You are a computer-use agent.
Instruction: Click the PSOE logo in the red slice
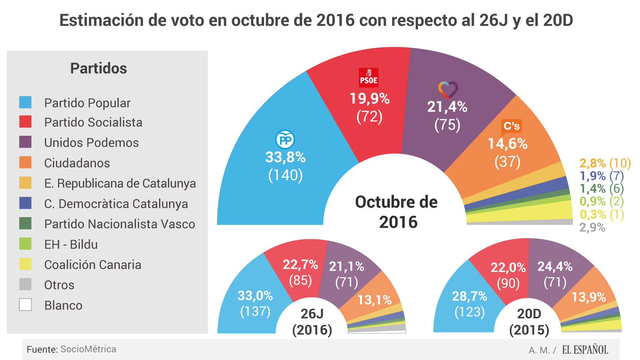368,77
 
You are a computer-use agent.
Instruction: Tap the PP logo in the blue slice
285,140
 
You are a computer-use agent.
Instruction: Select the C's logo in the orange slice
511,126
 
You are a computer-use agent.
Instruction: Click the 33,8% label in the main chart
285,157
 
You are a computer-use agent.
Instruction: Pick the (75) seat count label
447,125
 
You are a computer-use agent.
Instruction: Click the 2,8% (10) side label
605,163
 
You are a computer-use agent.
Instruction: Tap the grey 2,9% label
592,227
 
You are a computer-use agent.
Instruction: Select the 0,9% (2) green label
601,201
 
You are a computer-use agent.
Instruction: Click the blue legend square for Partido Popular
26,102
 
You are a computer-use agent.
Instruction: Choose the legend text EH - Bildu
71,244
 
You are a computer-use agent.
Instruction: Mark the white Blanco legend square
26,304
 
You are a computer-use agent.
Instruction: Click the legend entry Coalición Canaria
93,265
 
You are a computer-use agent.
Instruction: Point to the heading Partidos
99,69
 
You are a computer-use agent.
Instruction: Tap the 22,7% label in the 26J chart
300,265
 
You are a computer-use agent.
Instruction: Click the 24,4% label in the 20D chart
554,267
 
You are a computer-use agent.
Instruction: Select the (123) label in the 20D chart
469,312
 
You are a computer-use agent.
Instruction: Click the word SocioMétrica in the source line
88,349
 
